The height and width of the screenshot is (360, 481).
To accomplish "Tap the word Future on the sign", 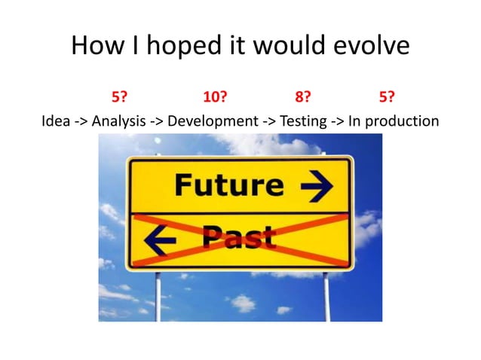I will [x=228, y=185].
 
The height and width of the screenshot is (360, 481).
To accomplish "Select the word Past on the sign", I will [x=238, y=239].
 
